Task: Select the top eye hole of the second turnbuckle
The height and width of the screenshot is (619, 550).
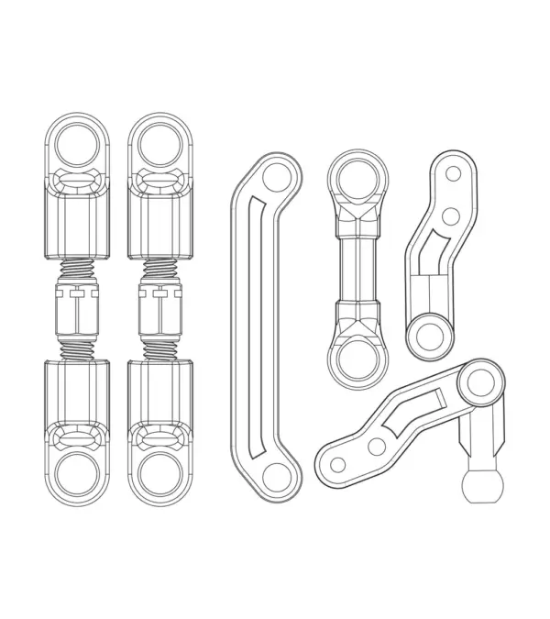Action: (160, 143)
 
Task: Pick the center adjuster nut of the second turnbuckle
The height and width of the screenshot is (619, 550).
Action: (160, 309)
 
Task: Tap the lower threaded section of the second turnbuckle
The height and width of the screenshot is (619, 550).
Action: (160, 348)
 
